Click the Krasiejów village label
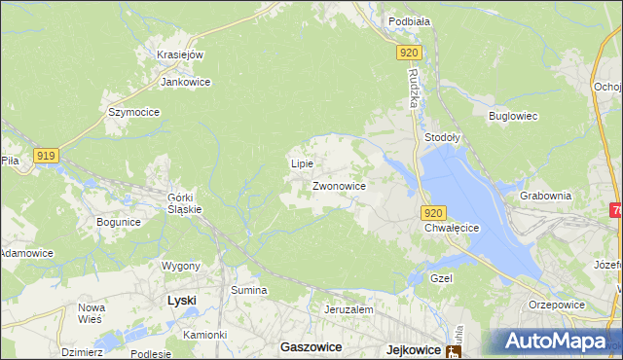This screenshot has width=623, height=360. pos(179,54)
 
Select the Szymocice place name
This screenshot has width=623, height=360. pos(133,112)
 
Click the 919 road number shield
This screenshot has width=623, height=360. pos(46,155)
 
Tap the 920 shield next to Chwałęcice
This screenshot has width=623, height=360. pos(434,212)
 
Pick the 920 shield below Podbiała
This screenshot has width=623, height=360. pos(409,54)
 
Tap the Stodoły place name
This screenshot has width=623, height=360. pos(442,138)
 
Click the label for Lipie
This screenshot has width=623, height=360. pos(302,163)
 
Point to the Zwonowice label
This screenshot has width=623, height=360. pos(339,185)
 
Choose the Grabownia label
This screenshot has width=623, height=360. pos(546,195)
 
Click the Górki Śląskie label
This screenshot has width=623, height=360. pos(185,200)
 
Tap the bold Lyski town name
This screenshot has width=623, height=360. pos(181,301)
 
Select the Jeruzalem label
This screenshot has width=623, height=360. pos(349,308)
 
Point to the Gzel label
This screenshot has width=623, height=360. pos(443,277)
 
